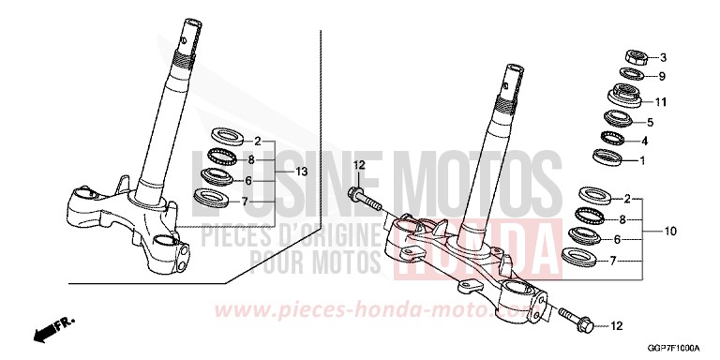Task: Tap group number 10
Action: (x=670, y=230)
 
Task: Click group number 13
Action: (x=302, y=172)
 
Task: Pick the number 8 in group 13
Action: (x=251, y=160)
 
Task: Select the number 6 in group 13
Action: (x=247, y=180)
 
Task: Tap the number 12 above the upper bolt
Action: (x=357, y=166)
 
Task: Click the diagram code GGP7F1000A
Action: (x=673, y=348)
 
